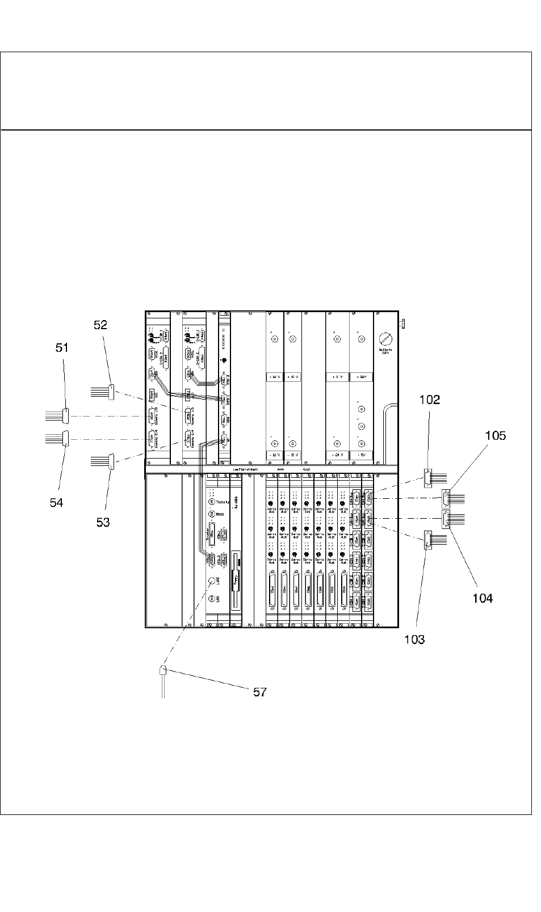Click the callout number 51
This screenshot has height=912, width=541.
coord(62,347)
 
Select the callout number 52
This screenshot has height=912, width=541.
coord(100,325)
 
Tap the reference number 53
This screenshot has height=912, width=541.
coord(103,522)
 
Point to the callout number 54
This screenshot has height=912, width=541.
coord(56,502)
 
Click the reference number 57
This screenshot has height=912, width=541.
coord(259,692)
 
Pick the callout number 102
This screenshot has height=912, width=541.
coord(429,400)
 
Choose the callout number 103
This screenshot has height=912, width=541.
coord(414,640)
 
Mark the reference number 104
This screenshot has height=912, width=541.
coord(483,598)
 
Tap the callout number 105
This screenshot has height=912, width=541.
coord(495,435)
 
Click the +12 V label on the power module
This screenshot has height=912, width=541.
coord(274,377)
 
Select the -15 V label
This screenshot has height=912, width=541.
coord(292,455)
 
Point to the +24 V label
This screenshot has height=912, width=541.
coord(337,455)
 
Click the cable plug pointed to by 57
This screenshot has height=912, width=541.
coord(163,670)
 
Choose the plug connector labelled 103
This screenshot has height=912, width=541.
coord(427,541)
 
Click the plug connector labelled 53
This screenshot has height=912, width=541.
coord(111,460)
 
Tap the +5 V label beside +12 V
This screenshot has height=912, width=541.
coord(337,377)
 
